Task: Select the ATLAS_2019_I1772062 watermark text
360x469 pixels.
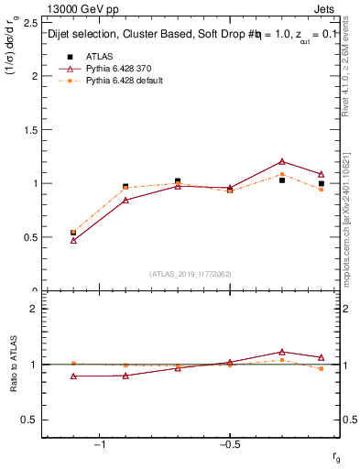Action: click(x=189, y=274)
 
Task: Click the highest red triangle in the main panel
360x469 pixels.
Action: click(x=282, y=161)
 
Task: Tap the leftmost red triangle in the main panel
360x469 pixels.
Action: click(x=73, y=240)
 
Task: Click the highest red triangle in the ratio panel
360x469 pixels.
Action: click(x=282, y=351)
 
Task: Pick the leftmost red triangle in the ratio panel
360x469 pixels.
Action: click(x=73, y=376)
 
